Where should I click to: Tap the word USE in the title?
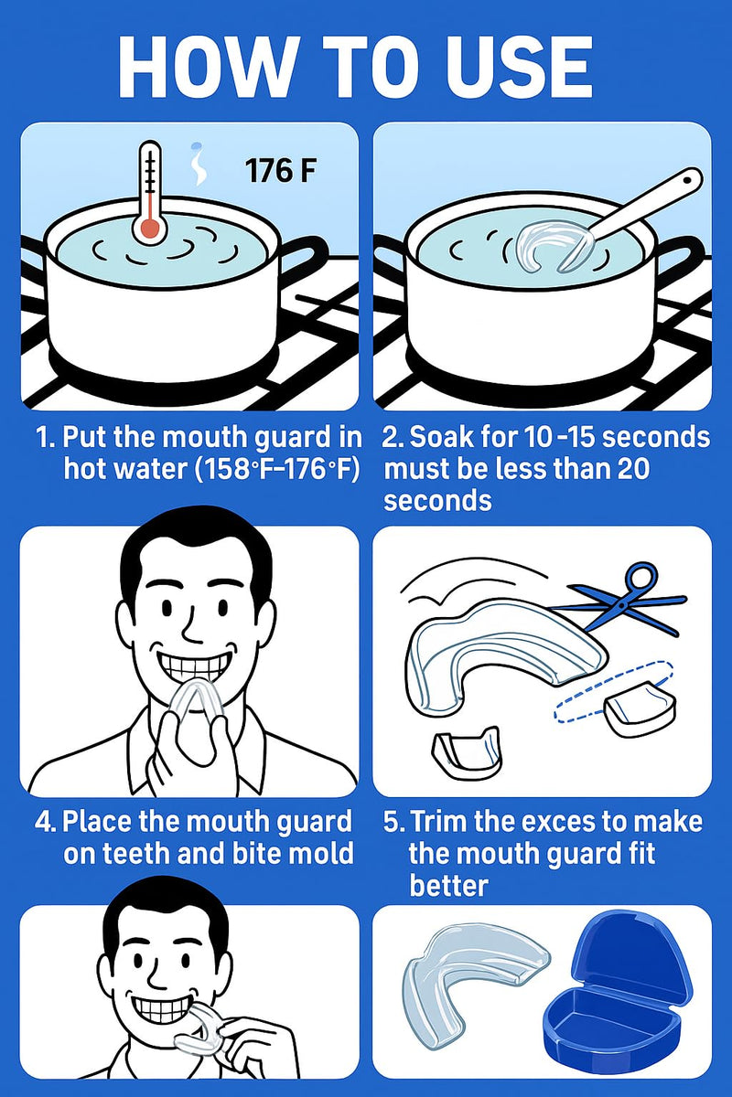(513, 66)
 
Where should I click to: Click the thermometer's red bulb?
(146, 228)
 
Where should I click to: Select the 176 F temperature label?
(280, 171)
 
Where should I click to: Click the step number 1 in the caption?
(43, 437)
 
